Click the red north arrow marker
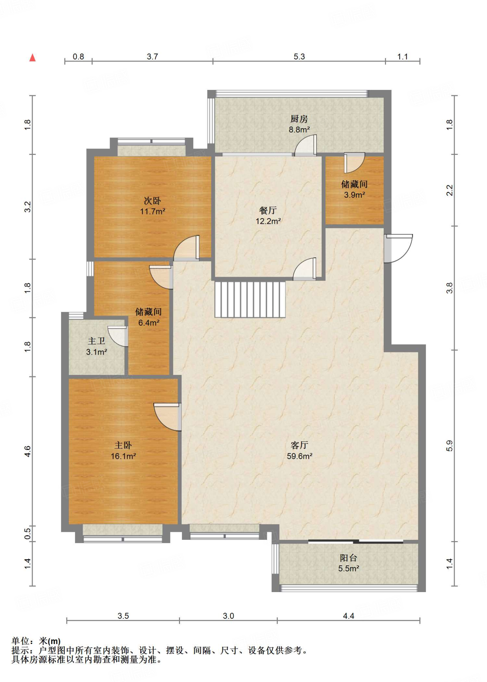click(32, 58)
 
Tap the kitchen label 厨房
click(299, 119)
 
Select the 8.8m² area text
click(299, 130)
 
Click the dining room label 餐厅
click(268, 210)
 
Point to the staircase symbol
click(250, 300)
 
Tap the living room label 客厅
click(299, 445)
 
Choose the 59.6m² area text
click(299, 456)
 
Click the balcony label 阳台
click(348, 558)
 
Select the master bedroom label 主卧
click(123, 445)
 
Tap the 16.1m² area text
click(123, 456)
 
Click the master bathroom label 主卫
click(96, 341)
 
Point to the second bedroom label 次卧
click(152, 200)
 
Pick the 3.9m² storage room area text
click(354, 195)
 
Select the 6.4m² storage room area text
click(149, 323)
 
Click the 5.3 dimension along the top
click(299, 57)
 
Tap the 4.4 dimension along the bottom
click(348, 616)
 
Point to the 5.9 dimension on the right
click(450, 446)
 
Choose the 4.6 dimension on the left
click(28, 451)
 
